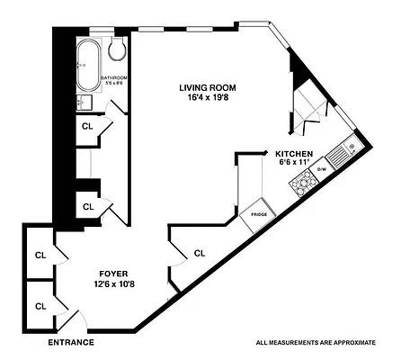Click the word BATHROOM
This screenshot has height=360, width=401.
click(x=115, y=78)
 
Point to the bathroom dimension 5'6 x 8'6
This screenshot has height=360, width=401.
click(x=115, y=85)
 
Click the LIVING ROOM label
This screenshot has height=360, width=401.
click(x=205, y=87)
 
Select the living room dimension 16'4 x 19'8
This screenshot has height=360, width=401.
click(x=205, y=98)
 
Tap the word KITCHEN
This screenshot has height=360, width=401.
click(x=294, y=154)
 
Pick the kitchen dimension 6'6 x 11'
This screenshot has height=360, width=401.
click(x=294, y=164)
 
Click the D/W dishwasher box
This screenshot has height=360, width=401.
click(x=321, y=168)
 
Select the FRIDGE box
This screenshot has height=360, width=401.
click(x=260, y=214)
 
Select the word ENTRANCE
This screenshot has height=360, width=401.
click(x=70, y=343)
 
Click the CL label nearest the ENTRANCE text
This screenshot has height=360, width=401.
click(x=40, y=306)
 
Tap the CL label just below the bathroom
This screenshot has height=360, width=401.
click(x=87, y=127)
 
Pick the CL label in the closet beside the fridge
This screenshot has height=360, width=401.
click(x=200, y=254)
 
